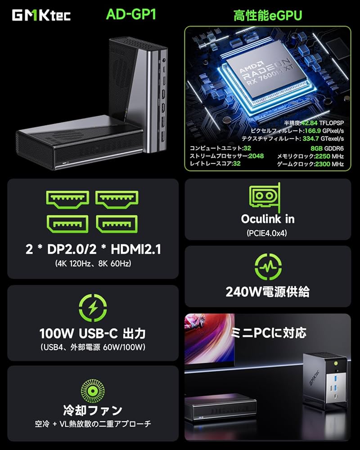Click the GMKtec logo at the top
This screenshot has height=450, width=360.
click(x=40, y=16)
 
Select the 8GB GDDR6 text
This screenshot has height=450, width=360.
click(x=327, y=148)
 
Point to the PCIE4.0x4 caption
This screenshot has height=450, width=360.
click(x=267, y=233)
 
